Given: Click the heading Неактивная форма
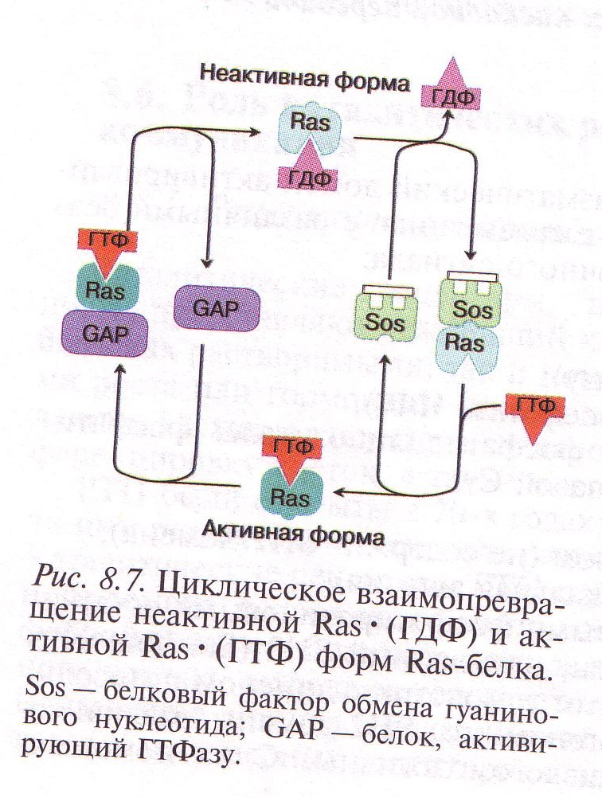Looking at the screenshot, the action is [304, 81].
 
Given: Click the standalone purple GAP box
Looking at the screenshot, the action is [217, 307].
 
